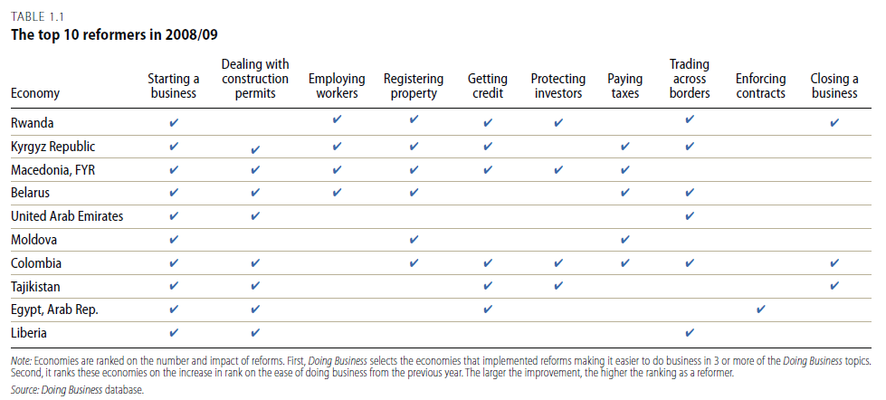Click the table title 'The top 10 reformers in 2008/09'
(x=115, y=34)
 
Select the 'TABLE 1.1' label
(x=37, y=16)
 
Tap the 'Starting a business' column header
(x=174, y=86)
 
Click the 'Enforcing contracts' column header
(x=760, y=86)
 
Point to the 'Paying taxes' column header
(x=625, y=86)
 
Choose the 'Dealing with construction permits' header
(x=255, y=79)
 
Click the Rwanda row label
(x=33, y=122)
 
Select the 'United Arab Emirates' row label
(x=67, y=216)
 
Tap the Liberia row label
(x=29, y=333)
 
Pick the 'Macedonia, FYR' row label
(x=52, y=170)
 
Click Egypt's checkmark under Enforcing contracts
(x=760, y=309)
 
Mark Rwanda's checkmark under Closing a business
(x=834, y=122)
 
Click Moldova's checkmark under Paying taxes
(x=624, y=240)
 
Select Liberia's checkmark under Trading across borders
(x=689, y=333)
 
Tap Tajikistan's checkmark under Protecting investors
(x=558, y=287)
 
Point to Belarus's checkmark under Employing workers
(x=337, y=193)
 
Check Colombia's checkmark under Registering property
(x=414, y=263)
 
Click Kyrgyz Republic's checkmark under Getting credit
(x=488, y=147)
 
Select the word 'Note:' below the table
(x=22, y=360)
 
